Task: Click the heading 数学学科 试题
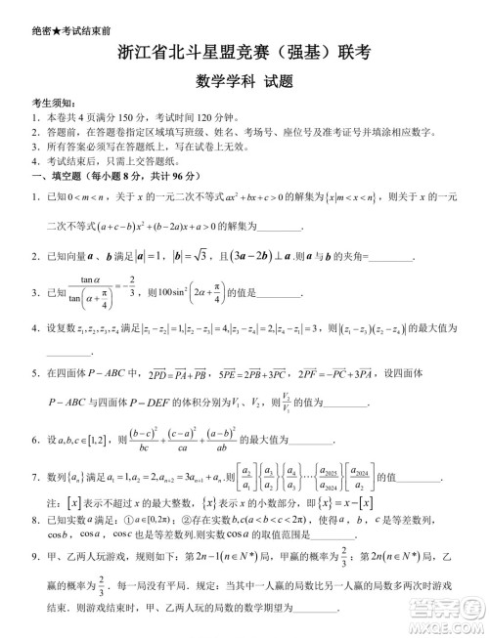pos(244,82)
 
